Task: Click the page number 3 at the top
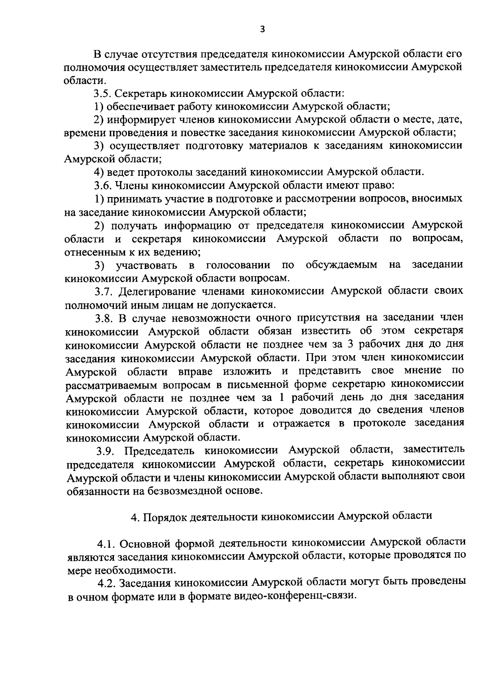click(262, 29)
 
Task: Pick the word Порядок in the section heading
click(160, 516)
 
